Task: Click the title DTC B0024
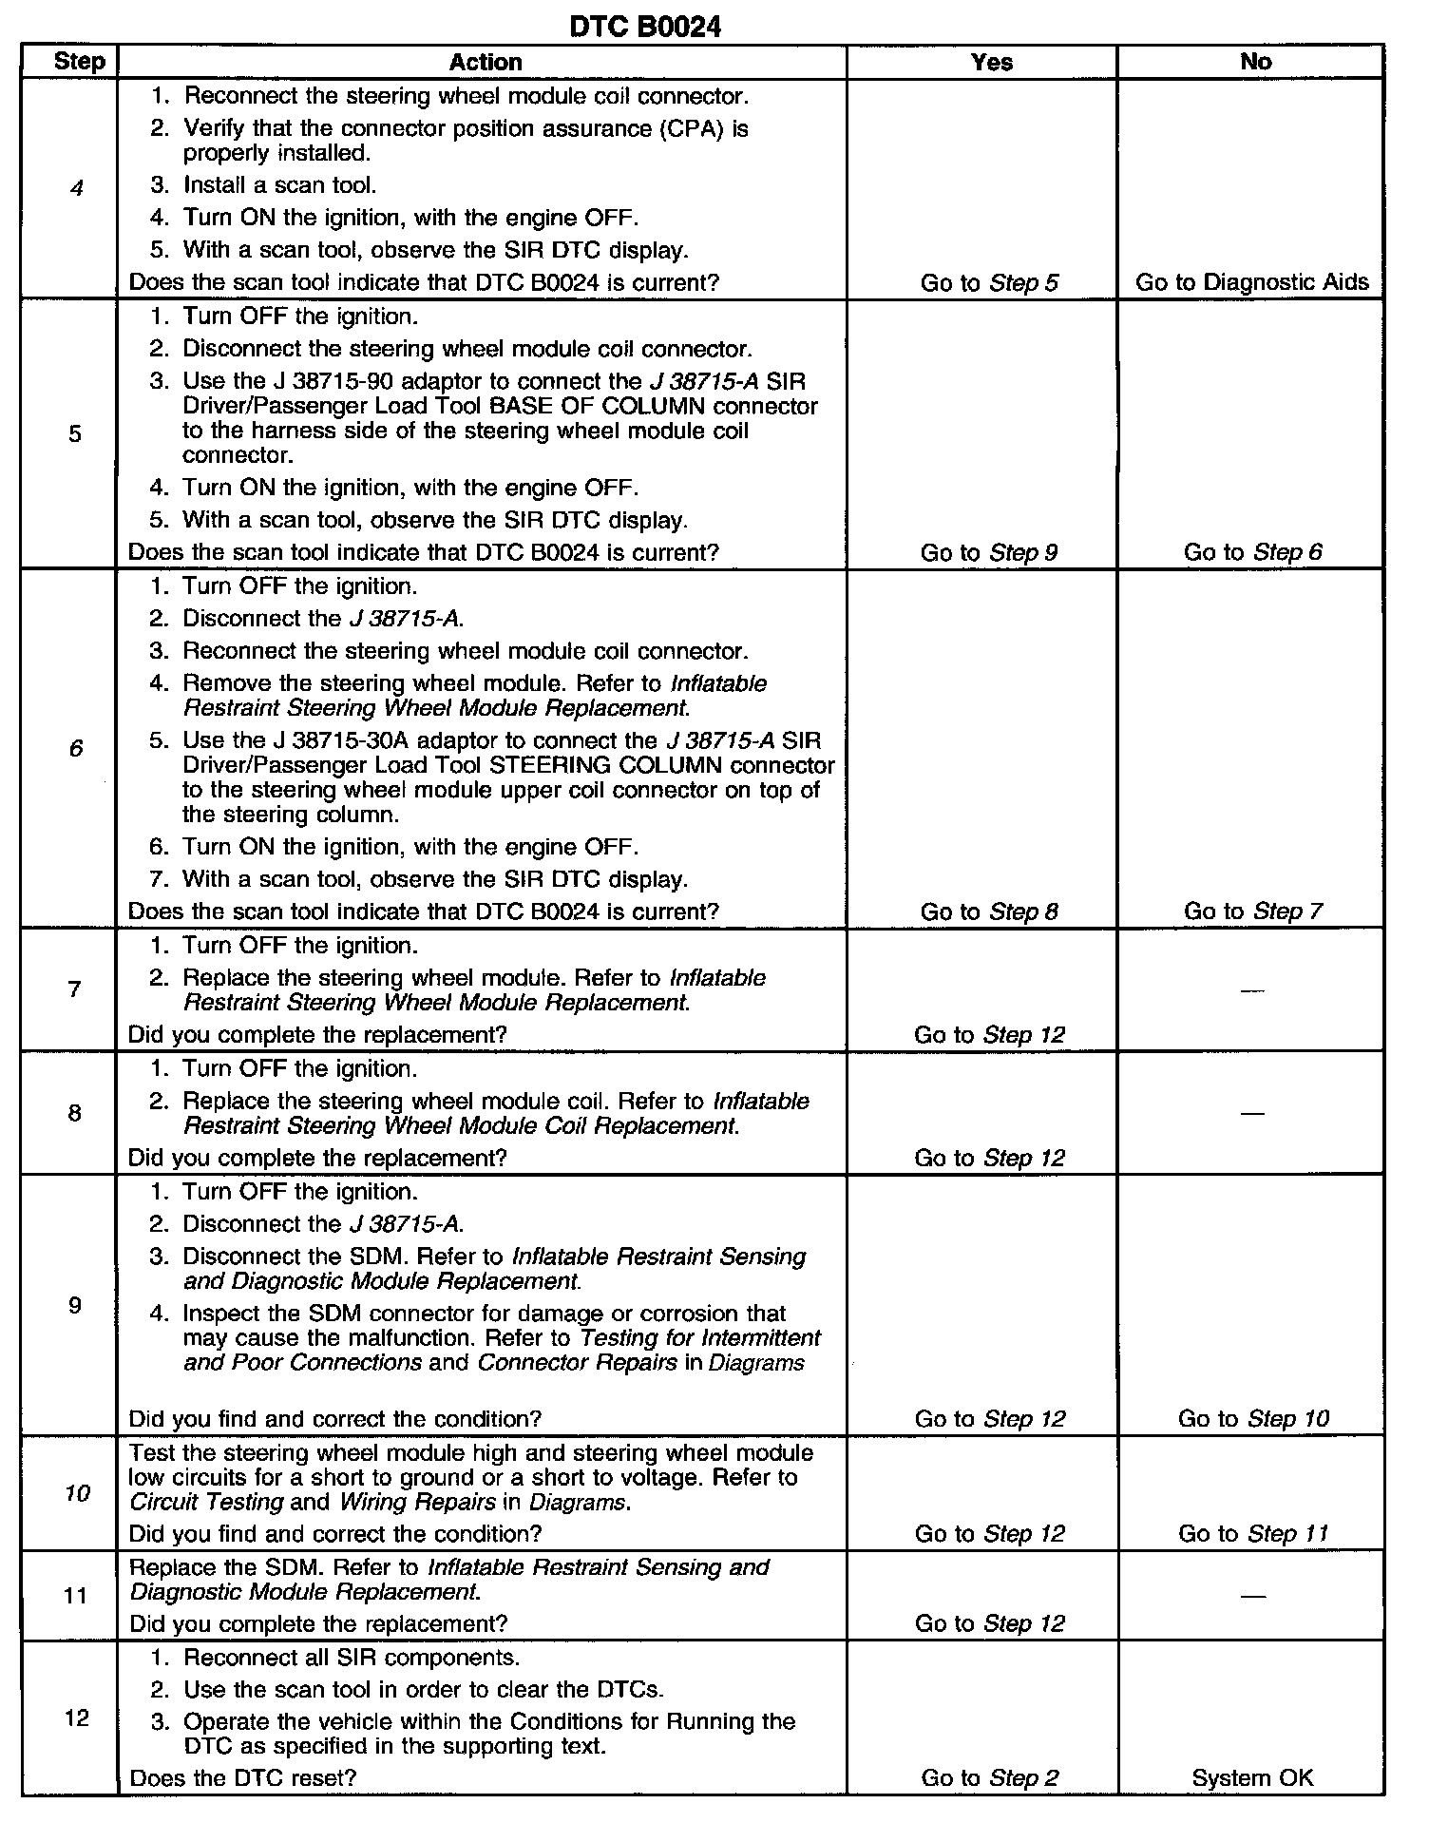click(644, 27)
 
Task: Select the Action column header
click(485, 63)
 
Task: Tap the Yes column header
click(991, 63)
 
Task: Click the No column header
click(1255, 63)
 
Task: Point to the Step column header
click(79, 63)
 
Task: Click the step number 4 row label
click(76, 188)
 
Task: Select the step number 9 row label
click(75, 1305)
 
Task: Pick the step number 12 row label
click(76, 1717)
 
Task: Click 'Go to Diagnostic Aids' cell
click(1252, 282)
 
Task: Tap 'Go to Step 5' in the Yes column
click(989, 283)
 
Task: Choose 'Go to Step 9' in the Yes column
click(989, 553)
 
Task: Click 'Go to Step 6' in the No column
click(1252, 552)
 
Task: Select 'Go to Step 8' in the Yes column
click(989, 912)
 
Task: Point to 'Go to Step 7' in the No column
click(1252, 911)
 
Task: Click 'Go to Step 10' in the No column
click(1253, 1419)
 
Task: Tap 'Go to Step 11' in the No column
click(1253, 1533)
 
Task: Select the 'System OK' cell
click(1252, 1778)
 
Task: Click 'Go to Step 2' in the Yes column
click(989, 1778)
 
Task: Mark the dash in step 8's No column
click(1253, 1113)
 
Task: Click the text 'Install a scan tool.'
click(280, 185)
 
